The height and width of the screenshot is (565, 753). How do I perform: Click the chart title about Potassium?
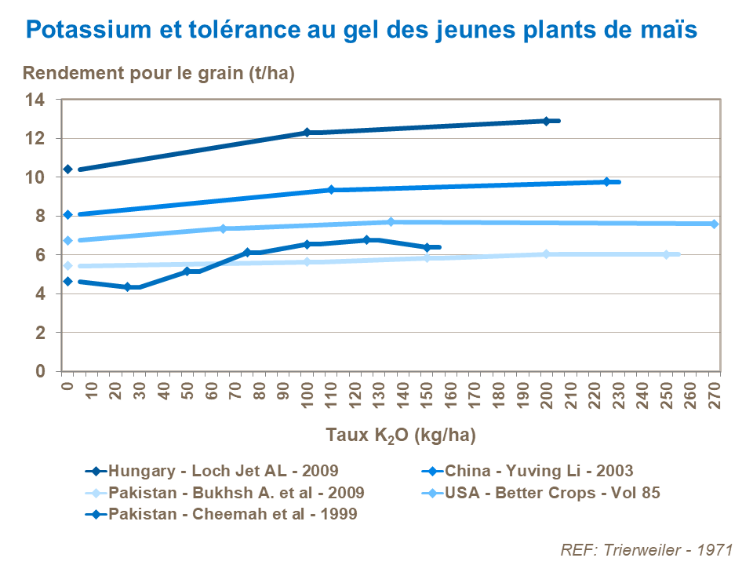(x=361, y=31)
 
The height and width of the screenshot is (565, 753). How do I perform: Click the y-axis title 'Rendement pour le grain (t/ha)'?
(x=158, y=74)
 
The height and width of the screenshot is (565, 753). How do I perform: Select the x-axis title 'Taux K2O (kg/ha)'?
(x=401, y=434)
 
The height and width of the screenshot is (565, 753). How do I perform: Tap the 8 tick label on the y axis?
(x=39, y=216)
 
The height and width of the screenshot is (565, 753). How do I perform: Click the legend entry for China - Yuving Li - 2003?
(x=539, y=471)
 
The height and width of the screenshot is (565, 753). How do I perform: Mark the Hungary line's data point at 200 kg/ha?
(x=546, y=121)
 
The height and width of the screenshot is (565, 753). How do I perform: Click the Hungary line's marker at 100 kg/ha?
(x=307, y=133)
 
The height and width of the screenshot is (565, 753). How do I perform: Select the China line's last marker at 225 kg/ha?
(x=606, y=181)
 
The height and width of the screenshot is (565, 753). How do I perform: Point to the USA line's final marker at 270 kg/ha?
(x=714, y=224)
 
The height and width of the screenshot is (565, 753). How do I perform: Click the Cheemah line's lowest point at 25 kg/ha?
(x=128, y=287)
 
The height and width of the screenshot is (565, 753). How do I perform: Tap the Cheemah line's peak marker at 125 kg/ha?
(x=366, y=240)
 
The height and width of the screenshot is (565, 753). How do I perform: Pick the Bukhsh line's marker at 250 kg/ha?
(x=666, y=254)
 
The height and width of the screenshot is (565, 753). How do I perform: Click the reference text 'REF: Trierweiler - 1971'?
(x=647, y=549)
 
